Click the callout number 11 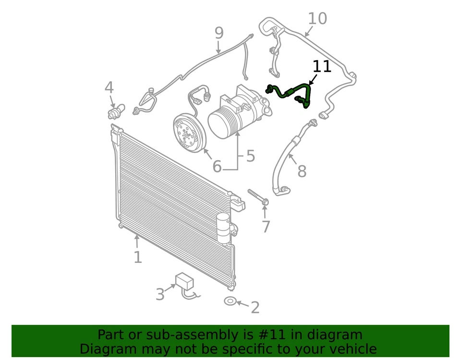tap(322, 66)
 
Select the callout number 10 tap(317, 19)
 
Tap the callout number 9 tap(219, 33)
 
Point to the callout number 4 tap(109, 88)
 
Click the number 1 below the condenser tap(138, 257)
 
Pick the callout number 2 tap(255, 308)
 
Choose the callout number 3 tap(160, 294)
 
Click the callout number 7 tap(266, 226)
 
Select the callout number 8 tap(302, 171)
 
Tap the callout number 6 tap(217, 167)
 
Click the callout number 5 tap(250, 156)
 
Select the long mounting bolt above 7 tap(258, 197)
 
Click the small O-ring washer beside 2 tap(230, 301)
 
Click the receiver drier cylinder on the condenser tap(223, 228)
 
